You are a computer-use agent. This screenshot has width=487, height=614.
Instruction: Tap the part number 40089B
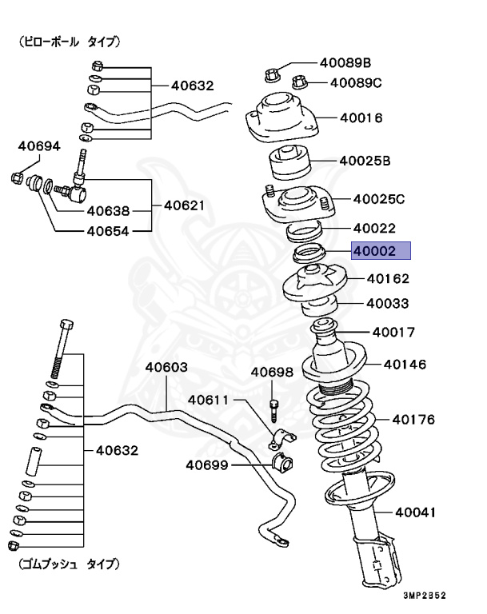[345, 62]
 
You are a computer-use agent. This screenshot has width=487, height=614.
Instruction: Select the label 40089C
[356, 82]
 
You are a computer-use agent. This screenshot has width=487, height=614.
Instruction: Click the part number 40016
[361, 118]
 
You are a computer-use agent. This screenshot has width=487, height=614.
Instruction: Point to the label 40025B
[365, 161]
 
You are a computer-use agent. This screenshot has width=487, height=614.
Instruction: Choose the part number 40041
[417, 512]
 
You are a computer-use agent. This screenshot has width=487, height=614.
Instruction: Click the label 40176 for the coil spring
[413, 419]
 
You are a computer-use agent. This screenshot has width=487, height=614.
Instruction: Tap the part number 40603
[166, 368]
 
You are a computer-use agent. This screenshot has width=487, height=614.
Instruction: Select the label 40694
[39, 146]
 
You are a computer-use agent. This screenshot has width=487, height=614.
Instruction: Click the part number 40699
[207, 464]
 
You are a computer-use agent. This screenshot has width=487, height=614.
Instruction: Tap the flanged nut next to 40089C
[301, 82]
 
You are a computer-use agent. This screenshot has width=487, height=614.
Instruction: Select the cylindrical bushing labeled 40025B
[290, 165]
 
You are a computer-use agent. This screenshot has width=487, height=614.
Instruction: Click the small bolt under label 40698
[273, 409]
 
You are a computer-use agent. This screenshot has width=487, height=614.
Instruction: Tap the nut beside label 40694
[18, 177]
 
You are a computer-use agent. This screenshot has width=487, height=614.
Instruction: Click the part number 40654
[108, 233]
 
